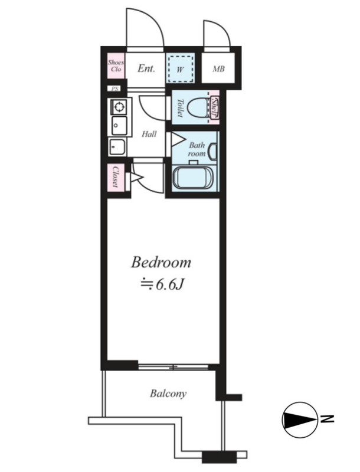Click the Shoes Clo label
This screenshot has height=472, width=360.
[116, 66]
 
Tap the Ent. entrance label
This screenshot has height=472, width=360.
[146, 68]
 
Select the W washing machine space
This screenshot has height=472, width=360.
[180, 69]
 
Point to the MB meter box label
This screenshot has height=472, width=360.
[218, 69]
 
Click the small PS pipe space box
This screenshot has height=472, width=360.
[114, 89]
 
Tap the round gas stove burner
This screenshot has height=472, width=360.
[119, 107]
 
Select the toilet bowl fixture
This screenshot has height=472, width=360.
[198, 107]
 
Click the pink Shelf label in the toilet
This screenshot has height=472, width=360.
[214, 107]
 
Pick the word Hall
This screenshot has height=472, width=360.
[149, 134]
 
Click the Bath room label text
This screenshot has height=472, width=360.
[197, 149]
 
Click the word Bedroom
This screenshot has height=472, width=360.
[161, 262]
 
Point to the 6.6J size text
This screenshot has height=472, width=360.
[169, 284]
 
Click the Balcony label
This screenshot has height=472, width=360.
[168, 394]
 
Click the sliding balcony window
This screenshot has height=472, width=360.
[174, 366]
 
